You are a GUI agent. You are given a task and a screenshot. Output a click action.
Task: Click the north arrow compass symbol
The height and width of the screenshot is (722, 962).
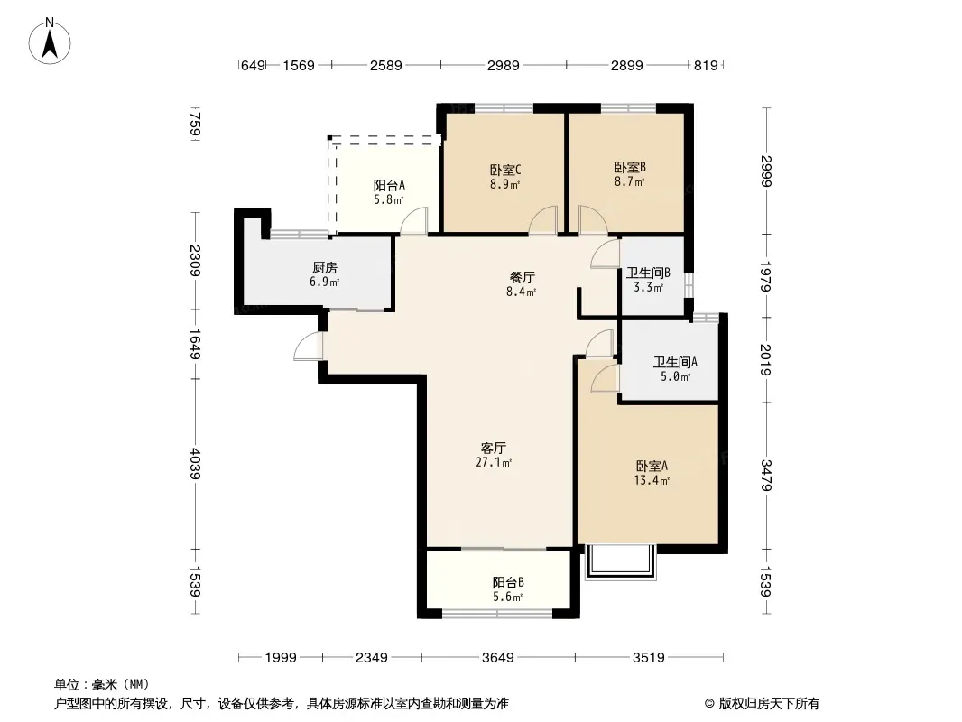(x=50, y=42)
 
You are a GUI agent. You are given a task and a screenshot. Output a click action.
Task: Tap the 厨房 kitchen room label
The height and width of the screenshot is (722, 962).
(x=325, y=267)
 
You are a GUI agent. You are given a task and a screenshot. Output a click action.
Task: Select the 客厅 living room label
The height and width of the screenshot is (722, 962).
(x=494, y=448)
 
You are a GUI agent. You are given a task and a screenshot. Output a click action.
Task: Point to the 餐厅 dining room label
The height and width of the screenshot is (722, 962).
(x=522, y=277)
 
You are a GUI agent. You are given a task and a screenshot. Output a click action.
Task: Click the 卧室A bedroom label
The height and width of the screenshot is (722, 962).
(x=652, y=467)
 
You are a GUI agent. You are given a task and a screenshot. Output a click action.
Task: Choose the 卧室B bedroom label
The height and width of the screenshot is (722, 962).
(x=630, y=168)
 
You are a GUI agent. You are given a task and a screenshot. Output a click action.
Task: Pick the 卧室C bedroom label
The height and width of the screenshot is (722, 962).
(x=505, y=170)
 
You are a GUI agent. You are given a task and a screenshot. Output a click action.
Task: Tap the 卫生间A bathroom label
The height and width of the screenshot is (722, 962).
(x=675, y=363)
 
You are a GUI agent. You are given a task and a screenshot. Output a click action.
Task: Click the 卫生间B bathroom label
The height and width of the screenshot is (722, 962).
(x=648, y=273)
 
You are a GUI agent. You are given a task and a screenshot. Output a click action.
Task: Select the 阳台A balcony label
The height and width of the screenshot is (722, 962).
(x=389, y=185)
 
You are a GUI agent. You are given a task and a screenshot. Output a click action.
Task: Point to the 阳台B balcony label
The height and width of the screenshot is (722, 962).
(x=508, y=583)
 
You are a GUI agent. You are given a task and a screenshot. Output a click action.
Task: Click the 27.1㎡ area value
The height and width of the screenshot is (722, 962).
(x=494, y=462)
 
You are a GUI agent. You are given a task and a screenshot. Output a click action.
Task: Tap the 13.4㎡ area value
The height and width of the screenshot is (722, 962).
(x=652, y=480)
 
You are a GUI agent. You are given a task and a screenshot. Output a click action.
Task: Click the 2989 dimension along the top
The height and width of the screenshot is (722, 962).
(x=503, y=65)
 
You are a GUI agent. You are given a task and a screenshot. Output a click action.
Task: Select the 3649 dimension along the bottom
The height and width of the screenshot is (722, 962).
(x=497, y=658)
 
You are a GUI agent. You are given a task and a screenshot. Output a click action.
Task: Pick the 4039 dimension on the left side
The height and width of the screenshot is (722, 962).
(x=195, y=464)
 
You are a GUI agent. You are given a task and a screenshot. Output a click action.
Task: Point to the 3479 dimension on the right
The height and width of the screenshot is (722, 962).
(x=765, y=475)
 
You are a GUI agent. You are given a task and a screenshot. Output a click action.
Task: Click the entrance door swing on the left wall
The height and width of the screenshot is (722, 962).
(x=308, y=347)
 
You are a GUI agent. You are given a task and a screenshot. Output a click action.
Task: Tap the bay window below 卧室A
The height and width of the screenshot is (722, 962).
(x=620, y=561)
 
